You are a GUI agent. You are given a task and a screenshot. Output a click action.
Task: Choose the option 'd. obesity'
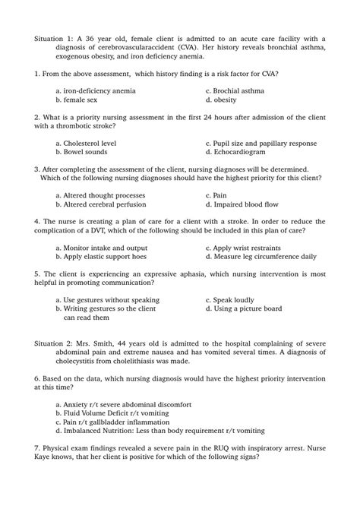[221, 100]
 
